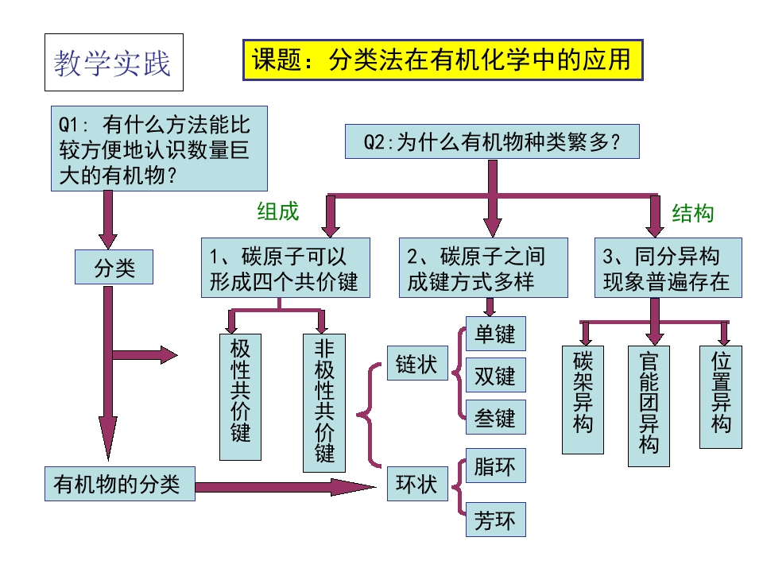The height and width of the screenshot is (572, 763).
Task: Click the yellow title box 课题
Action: pos(443,60)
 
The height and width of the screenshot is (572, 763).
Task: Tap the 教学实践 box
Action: pos(114,62)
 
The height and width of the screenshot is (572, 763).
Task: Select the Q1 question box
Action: pos(159,149)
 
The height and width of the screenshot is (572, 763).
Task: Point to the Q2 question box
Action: pos(492,141)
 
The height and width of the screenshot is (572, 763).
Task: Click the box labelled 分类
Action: pos(114,267)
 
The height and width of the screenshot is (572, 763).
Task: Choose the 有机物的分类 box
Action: pos(120,484)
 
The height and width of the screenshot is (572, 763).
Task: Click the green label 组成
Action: pos(278,211)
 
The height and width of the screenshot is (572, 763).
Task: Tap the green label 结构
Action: pos(693,213)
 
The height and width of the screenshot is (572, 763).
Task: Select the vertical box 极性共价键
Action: pos(240,397)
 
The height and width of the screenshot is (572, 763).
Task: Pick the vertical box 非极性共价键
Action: pos(324,403)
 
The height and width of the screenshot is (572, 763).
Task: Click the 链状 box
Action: pos(417,363)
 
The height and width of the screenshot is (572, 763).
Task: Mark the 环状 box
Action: pos(417,484)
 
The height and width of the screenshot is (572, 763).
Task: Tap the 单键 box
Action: pos(496,334)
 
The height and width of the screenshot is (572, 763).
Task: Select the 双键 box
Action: pos(496,375)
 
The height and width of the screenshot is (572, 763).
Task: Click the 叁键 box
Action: pos(496,417)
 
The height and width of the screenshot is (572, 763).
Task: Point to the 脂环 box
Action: pos(496,466)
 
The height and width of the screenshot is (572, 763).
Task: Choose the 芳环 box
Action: pos(496,520)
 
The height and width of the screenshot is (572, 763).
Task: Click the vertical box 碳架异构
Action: pos(583,400)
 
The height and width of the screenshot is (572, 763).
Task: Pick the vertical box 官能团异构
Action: pos(649,406)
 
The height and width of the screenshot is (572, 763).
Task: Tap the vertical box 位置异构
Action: pos(721,397)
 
